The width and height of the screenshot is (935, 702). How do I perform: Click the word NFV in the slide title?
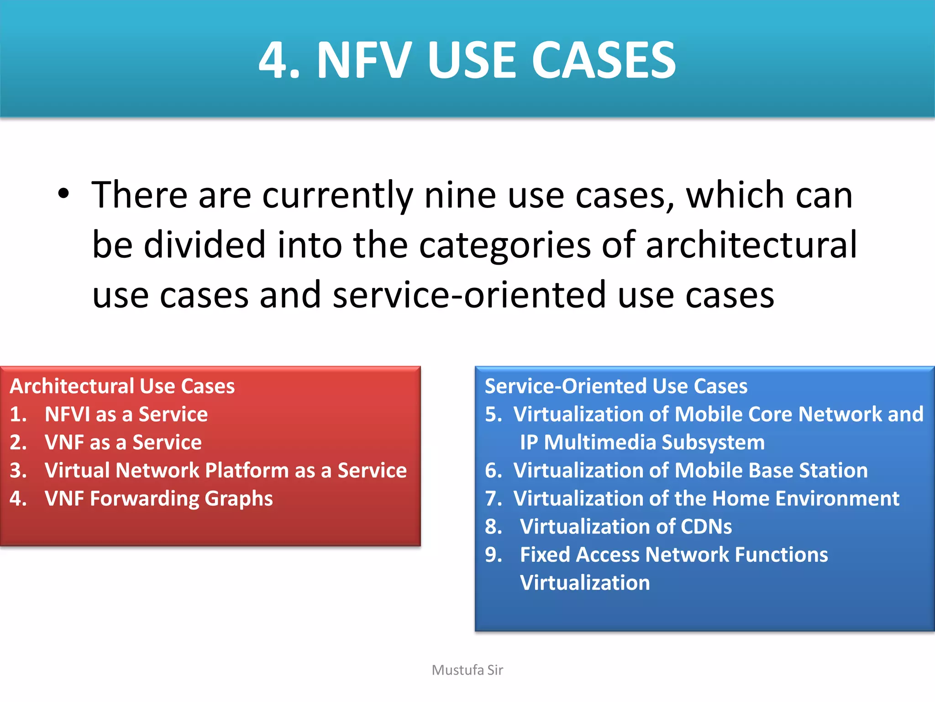pyautogui.click(x=364, y=61)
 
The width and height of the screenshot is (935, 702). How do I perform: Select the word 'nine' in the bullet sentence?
pyautogui.click(x=460, y=195)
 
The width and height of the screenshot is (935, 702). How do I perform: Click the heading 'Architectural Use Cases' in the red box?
pyautogui.click(x=122, y=386)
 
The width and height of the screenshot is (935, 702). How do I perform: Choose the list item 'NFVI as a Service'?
pyautogui.click(x=126, y=414)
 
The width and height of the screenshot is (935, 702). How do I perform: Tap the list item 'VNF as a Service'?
pyautogui.click(x=123, y=442)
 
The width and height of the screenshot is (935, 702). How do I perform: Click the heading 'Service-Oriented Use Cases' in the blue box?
pyautogui.click(x=616, y=386)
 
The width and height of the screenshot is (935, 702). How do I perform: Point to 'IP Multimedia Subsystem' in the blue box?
pyautogui.click(x=642, y=442)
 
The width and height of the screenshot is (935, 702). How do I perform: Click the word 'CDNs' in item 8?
pyautogui.click(x=706, y=526)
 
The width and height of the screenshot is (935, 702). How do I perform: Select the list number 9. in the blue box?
pyautogui.click(x=494, y=555)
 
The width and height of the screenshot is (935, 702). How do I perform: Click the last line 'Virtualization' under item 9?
pyautogui.click(x=585, y=583)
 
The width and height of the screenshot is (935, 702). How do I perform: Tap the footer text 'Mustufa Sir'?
pyautogui.click(x=467, y=670)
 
